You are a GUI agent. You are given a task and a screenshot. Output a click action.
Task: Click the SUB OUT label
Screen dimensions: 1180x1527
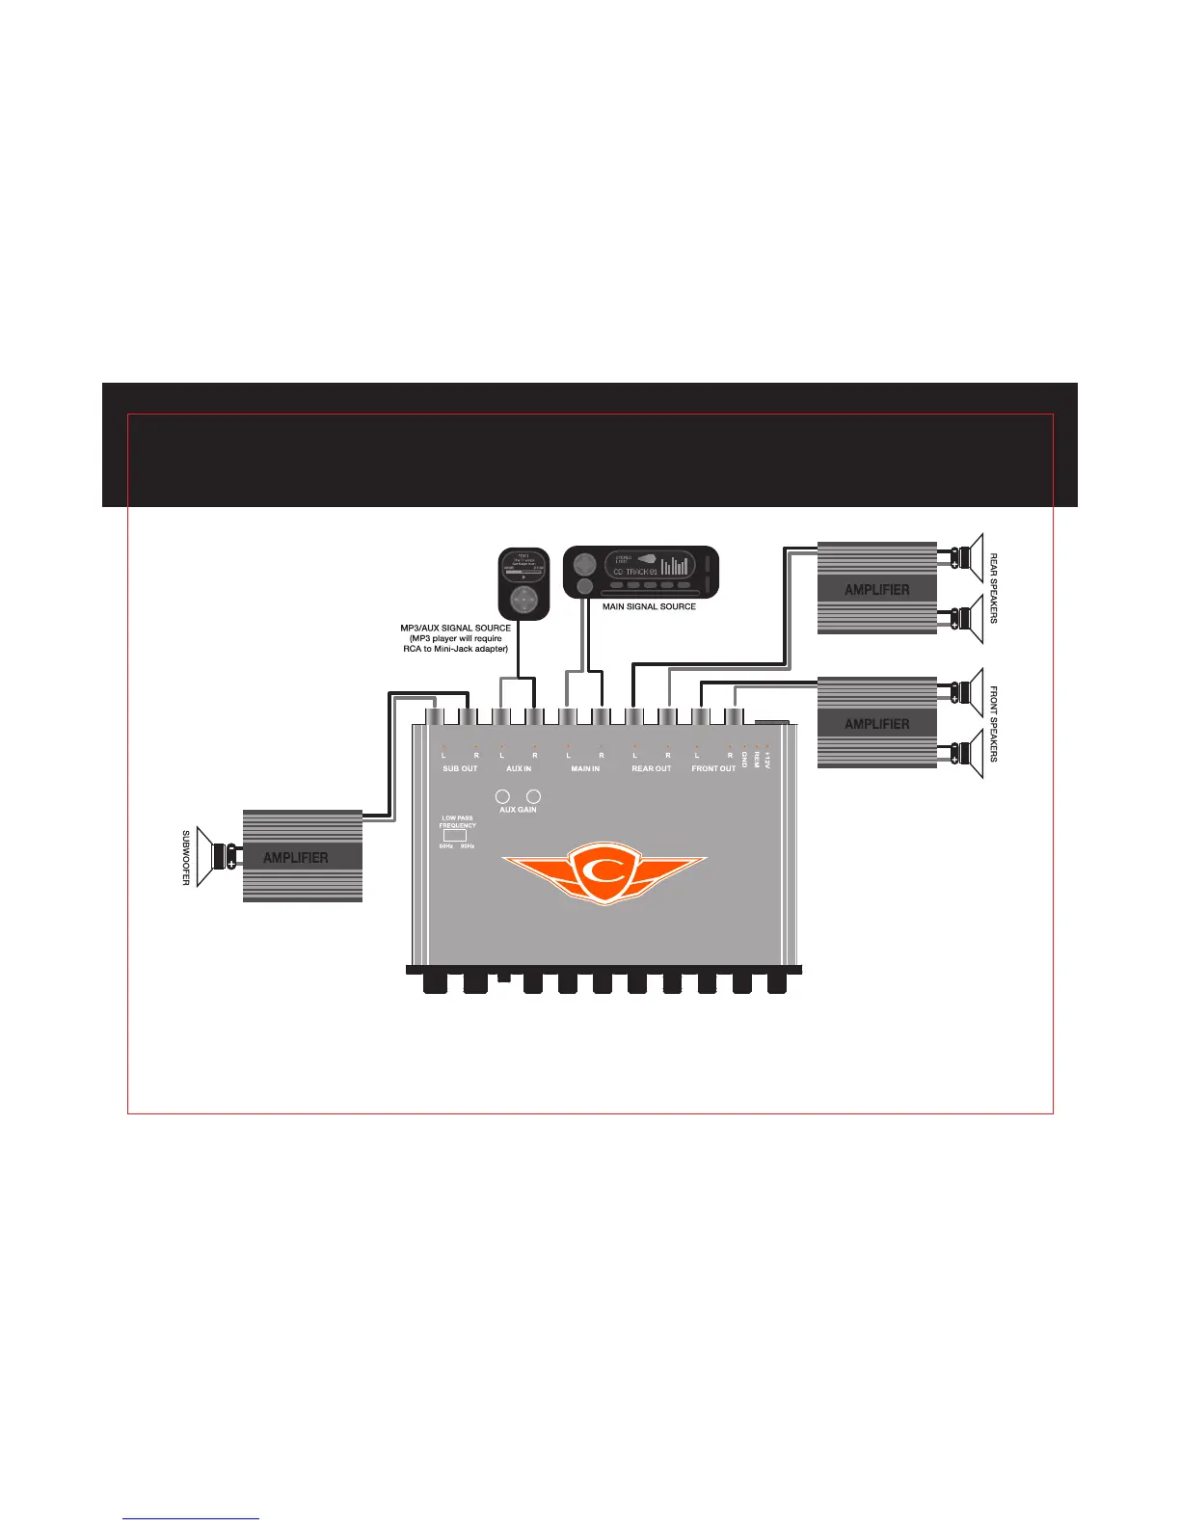click(460, 768)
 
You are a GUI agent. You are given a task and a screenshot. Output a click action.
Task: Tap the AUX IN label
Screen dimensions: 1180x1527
click(519, 768)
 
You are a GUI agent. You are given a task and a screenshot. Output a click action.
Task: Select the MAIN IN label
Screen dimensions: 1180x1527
click(585, 768)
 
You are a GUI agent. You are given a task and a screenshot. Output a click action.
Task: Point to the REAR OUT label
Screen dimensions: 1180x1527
click(651, 768)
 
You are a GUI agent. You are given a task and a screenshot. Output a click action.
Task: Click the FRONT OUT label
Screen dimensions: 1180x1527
click(713, 768)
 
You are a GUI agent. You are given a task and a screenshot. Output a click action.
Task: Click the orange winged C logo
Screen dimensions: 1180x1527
click(604, 872)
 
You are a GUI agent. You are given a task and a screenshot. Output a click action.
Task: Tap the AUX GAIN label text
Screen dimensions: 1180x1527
click(518, 810)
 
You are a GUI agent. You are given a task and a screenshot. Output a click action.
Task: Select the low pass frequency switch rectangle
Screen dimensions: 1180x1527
click(454, 836)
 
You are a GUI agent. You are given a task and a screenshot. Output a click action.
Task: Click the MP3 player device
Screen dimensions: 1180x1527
click(523, 583)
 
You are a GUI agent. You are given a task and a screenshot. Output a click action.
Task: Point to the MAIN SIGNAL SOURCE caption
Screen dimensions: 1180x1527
click(649, 606)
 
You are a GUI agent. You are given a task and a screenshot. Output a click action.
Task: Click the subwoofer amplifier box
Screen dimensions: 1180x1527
click(302, 856)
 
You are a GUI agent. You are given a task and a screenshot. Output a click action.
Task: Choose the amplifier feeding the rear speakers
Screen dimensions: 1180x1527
click(876, 588)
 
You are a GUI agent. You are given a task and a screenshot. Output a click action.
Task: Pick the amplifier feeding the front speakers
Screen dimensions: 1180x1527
click(876, 723)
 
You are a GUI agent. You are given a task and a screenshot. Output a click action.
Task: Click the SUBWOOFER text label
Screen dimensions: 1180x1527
click(186, 857)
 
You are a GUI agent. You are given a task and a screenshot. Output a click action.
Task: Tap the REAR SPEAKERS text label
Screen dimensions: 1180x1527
click(994, 588)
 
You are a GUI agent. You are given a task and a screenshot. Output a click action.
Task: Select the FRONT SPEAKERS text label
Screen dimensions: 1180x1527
click(994, 724)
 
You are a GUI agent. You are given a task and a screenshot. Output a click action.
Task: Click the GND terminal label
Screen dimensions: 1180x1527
click(745, 760)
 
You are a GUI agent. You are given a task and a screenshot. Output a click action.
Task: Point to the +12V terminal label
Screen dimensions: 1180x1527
click(768, 760)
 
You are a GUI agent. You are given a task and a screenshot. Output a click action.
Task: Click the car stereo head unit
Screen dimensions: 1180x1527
click(641, 572)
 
